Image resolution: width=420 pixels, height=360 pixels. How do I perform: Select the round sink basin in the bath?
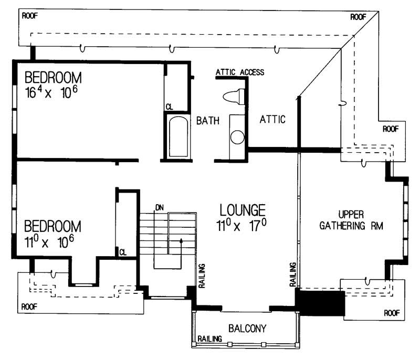click(237, 138)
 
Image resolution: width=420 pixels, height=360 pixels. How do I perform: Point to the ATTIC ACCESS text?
click(239, 72)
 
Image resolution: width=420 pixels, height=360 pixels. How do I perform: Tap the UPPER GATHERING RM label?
click(360, 221)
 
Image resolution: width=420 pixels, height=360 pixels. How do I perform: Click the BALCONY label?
click(247, 329)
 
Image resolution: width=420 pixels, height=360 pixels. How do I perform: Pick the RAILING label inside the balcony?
click(209, 339)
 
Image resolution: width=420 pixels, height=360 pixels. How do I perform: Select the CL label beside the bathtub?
click(169, 107)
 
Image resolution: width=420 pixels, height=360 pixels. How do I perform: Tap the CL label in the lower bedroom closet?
click(122, 252)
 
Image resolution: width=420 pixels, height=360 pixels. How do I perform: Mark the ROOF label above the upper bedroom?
click(30, 15)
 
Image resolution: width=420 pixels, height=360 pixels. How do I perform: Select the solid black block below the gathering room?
click(320, 303)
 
